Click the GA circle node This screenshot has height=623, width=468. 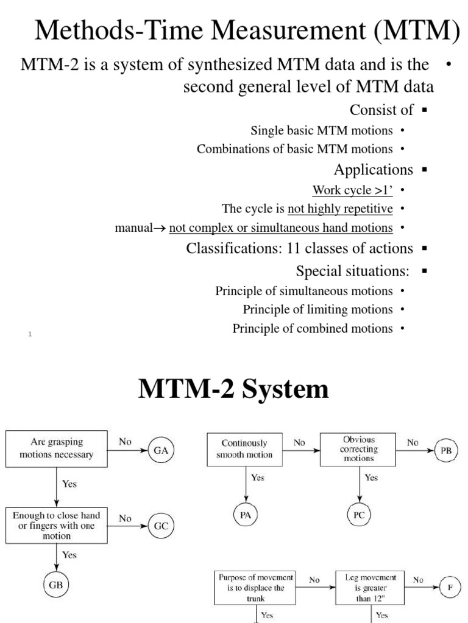pyautogui.click(x=161, y=450)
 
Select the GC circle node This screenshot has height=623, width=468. pyautogui.click(x=161, y=526)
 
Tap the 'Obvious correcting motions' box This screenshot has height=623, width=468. pyautogui.click(x=358, y=449)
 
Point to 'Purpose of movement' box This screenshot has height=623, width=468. pyautogui.click(x=255, y=587)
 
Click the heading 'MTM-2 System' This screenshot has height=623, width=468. pyautogui.click(x=233, y=389)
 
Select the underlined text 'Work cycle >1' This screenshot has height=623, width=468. pyautogui.click(x=352, y=190)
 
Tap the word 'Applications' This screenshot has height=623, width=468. pyautogui.click(x=373, y=169)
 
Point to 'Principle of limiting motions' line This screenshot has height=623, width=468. pyautogui.click(x=317, y=309)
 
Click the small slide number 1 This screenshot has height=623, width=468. pyautogui.click(x=30, y=334)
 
